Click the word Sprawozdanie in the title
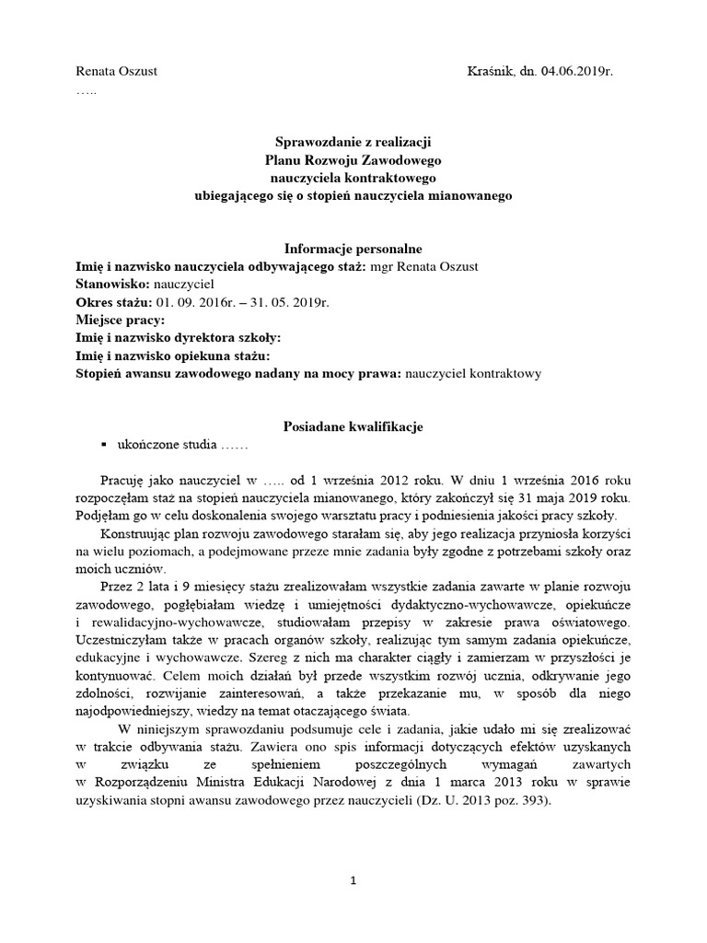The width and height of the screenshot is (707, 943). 315,142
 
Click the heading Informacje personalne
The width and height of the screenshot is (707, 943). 353,249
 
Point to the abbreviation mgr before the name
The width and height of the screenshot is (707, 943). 381,267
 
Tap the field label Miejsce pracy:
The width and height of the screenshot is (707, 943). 120,320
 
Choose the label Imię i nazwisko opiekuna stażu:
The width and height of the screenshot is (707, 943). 172,355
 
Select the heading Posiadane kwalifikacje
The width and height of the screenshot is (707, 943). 353,426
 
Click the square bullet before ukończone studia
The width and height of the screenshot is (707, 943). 104,445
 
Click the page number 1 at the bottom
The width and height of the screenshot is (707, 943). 353,880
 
